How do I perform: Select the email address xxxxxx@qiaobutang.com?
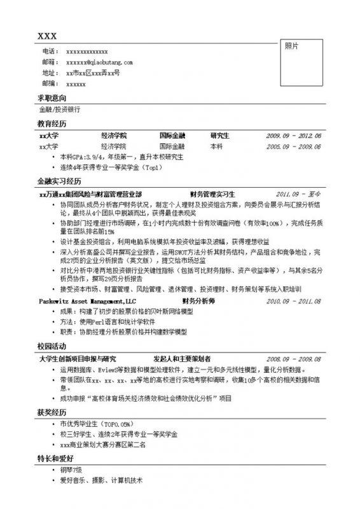[x=99, y=62]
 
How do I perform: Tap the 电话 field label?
[x=48, y=52]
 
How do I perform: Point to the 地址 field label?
[x=48, y=73]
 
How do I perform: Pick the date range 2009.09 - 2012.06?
[x=294, y=136]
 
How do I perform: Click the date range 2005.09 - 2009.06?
[x=294, y=146]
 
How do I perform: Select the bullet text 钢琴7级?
[x=71, y=470]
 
